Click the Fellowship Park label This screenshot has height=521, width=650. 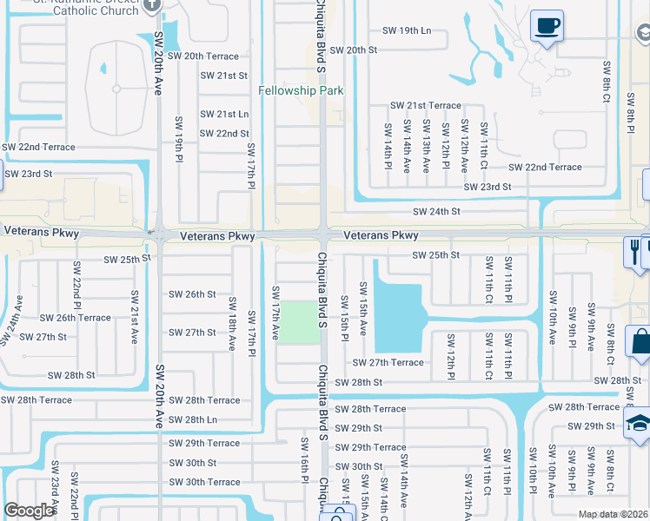point(302,90)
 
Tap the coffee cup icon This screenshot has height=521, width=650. point(547,26)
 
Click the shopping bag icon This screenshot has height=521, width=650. point(639,344)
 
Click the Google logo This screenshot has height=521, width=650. point(29,511)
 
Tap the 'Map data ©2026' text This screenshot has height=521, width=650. point(613,514)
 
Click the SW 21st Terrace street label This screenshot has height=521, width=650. point(425,105)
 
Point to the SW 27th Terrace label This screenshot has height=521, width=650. point(388,362)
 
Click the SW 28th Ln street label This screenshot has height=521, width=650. point(193,419)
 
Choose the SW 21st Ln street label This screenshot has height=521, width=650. point(224,114)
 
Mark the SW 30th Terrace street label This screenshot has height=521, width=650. point(204,482)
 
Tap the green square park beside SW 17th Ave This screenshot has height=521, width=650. point(297,321)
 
